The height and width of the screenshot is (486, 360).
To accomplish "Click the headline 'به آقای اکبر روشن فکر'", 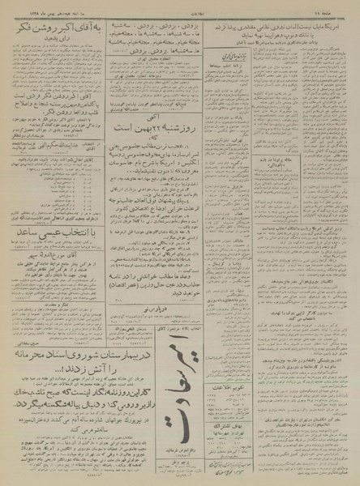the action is [55, 25].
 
